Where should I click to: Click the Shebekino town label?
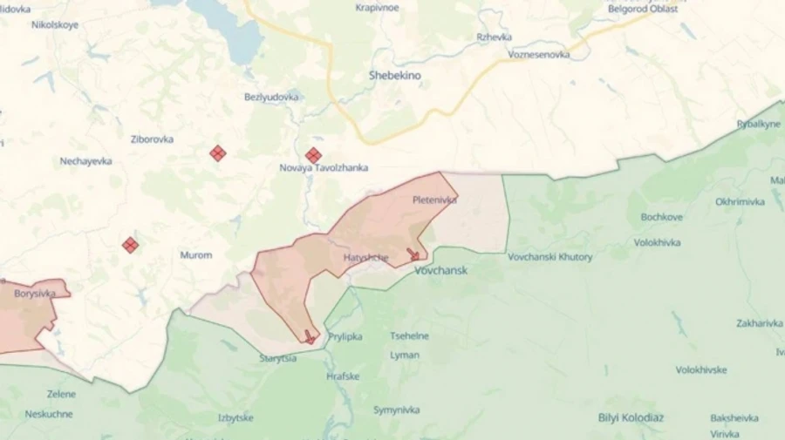pyautogui.click(x=394, y=76)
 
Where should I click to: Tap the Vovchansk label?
pyautogui.click(x=440, y=270)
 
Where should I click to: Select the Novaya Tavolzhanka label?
pyautogui.click(x=324, y=167)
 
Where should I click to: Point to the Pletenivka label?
pyautogui.click(x=434, y=200)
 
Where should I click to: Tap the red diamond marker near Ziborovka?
pyautogui.click(x=218, y=153)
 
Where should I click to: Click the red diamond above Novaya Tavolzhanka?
pyautogui.click(x=313, y=155)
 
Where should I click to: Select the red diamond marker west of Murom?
pyautogui.click(x=130, y=245)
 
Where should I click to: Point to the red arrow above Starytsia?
pyautogui.click(x=309, y=335)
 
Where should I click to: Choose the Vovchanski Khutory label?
pyautogui.click(x=549, y=257)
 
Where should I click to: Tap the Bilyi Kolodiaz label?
pyautogui.click(x=631, y=417)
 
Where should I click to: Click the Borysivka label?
pyautogui.click(x=35, y=294)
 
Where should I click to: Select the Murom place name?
pyautogui.click(x=195, y=255)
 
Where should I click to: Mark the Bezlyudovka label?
pyautogui.click(x=271, y=97)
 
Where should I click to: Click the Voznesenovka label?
pyautogui.click(x=539, y=54)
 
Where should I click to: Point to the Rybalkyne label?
pyautogui.click(x=758, y=124)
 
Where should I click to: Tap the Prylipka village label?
pyautogui.click(x=345, y=336)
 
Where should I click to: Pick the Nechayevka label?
pyautogui.click(x=85, y=161)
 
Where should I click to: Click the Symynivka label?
pyautogui.click(x=396, y=410)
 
